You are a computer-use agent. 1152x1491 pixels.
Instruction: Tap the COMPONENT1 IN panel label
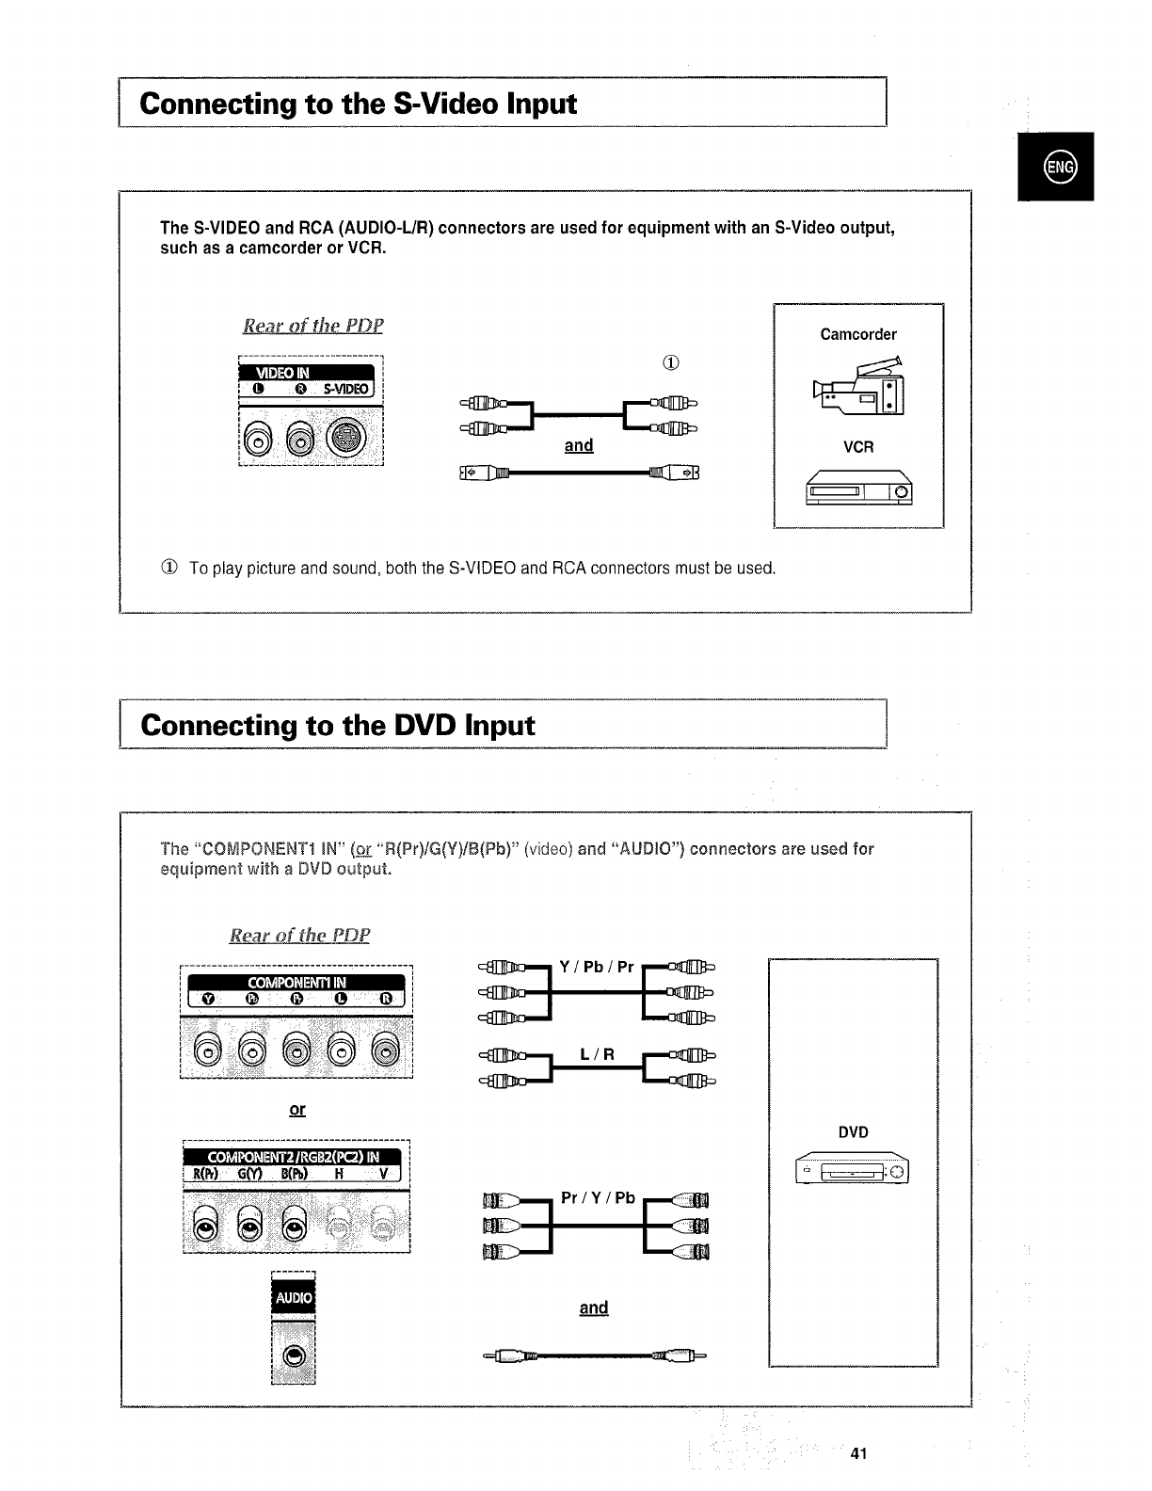[296, 983]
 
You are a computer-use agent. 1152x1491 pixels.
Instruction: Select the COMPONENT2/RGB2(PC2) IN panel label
[293, 1157]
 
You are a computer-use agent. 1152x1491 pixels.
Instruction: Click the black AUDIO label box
[293, 1298]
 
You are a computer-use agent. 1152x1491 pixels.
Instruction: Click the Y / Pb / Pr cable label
[597, 967]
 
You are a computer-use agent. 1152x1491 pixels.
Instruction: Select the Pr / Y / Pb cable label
[598, 1198]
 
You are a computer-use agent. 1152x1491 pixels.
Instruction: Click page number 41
[857, 1453]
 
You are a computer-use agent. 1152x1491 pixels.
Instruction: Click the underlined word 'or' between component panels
[296, 1110]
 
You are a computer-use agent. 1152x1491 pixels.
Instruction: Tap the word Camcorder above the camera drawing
[858, 334]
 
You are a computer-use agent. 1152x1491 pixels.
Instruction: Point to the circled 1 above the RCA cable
[672, 363]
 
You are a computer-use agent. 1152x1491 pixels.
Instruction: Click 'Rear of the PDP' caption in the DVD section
[300, 936]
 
